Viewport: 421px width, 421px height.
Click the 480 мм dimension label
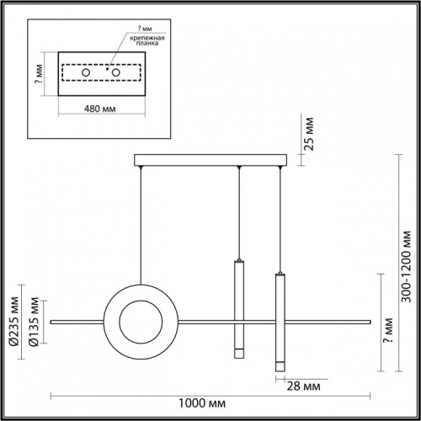tap(100, 109)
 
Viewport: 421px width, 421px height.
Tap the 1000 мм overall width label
tap(202, 403)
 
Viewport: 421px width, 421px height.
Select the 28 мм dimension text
tap(303, 386)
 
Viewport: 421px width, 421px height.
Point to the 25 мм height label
tap(309, 134)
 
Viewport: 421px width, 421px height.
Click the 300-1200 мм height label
tap(406, 267)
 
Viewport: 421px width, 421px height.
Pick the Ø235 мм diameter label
tap(13, 321)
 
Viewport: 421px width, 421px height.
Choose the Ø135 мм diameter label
tap(34, 322)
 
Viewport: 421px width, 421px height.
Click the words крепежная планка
tap(147, 40)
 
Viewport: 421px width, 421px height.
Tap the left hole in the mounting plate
tap(86, 72)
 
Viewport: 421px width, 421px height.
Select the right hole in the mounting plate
tap(116, 72)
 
